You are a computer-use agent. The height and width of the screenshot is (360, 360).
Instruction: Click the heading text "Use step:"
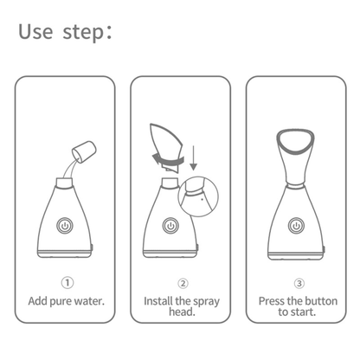pyautogui.click(x=66, y=32)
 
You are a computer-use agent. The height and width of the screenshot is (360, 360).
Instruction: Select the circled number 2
pyautogui.click(x=182, y=283)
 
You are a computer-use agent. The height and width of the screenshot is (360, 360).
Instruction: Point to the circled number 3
pyautogui.click(x=299, y=283)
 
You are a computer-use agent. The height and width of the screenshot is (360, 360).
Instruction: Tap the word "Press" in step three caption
pyautogui.click(x=276, y=301)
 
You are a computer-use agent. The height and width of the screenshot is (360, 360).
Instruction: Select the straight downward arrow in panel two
pyautogui.click(x=193, y=157)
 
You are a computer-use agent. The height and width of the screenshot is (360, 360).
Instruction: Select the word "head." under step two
pyautogui.click(x=182, y=313)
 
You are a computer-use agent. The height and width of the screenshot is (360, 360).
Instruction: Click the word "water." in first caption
pyautogui.click(x=89, y=301)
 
